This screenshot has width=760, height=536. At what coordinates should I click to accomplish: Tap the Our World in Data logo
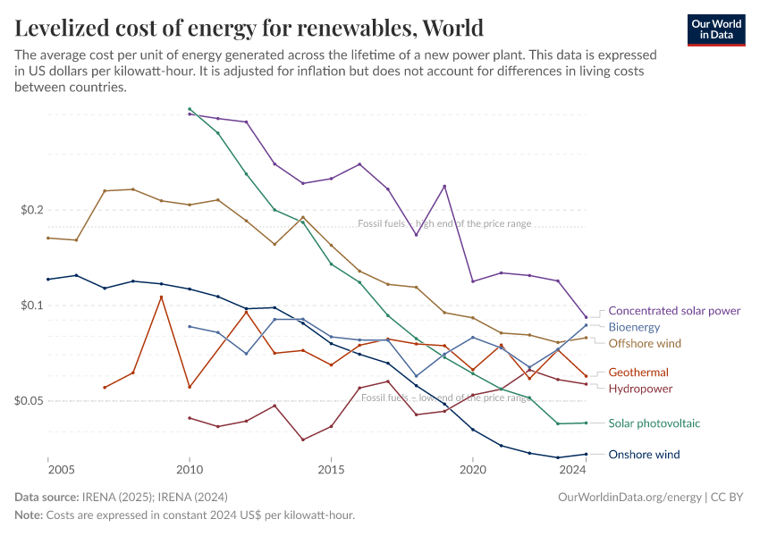(715, 29)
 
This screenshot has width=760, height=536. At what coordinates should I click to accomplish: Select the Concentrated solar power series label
(674, 311)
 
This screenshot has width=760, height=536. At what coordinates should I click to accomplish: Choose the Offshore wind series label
(645, 343)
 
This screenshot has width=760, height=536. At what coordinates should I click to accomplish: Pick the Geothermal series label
(638, 373)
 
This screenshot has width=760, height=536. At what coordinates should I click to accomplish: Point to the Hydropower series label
(640, 389)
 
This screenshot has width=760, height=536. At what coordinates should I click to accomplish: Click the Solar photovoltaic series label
(654, 423)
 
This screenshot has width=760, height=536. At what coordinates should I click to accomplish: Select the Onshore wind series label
(644, 455)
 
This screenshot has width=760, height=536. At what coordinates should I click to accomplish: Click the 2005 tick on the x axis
(62, 469)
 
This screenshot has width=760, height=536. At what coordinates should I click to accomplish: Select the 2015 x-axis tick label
(331, 469)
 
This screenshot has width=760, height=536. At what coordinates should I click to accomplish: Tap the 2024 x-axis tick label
(574, 469)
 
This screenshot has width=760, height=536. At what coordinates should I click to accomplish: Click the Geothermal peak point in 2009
(161, 297)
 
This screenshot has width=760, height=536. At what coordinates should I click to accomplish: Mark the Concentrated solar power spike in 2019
(444, 186)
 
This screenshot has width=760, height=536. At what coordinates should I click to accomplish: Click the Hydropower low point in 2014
(303, 440)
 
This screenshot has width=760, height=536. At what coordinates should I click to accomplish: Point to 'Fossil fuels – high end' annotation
(444, 223)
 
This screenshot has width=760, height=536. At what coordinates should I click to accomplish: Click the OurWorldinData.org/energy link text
(629, 497)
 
